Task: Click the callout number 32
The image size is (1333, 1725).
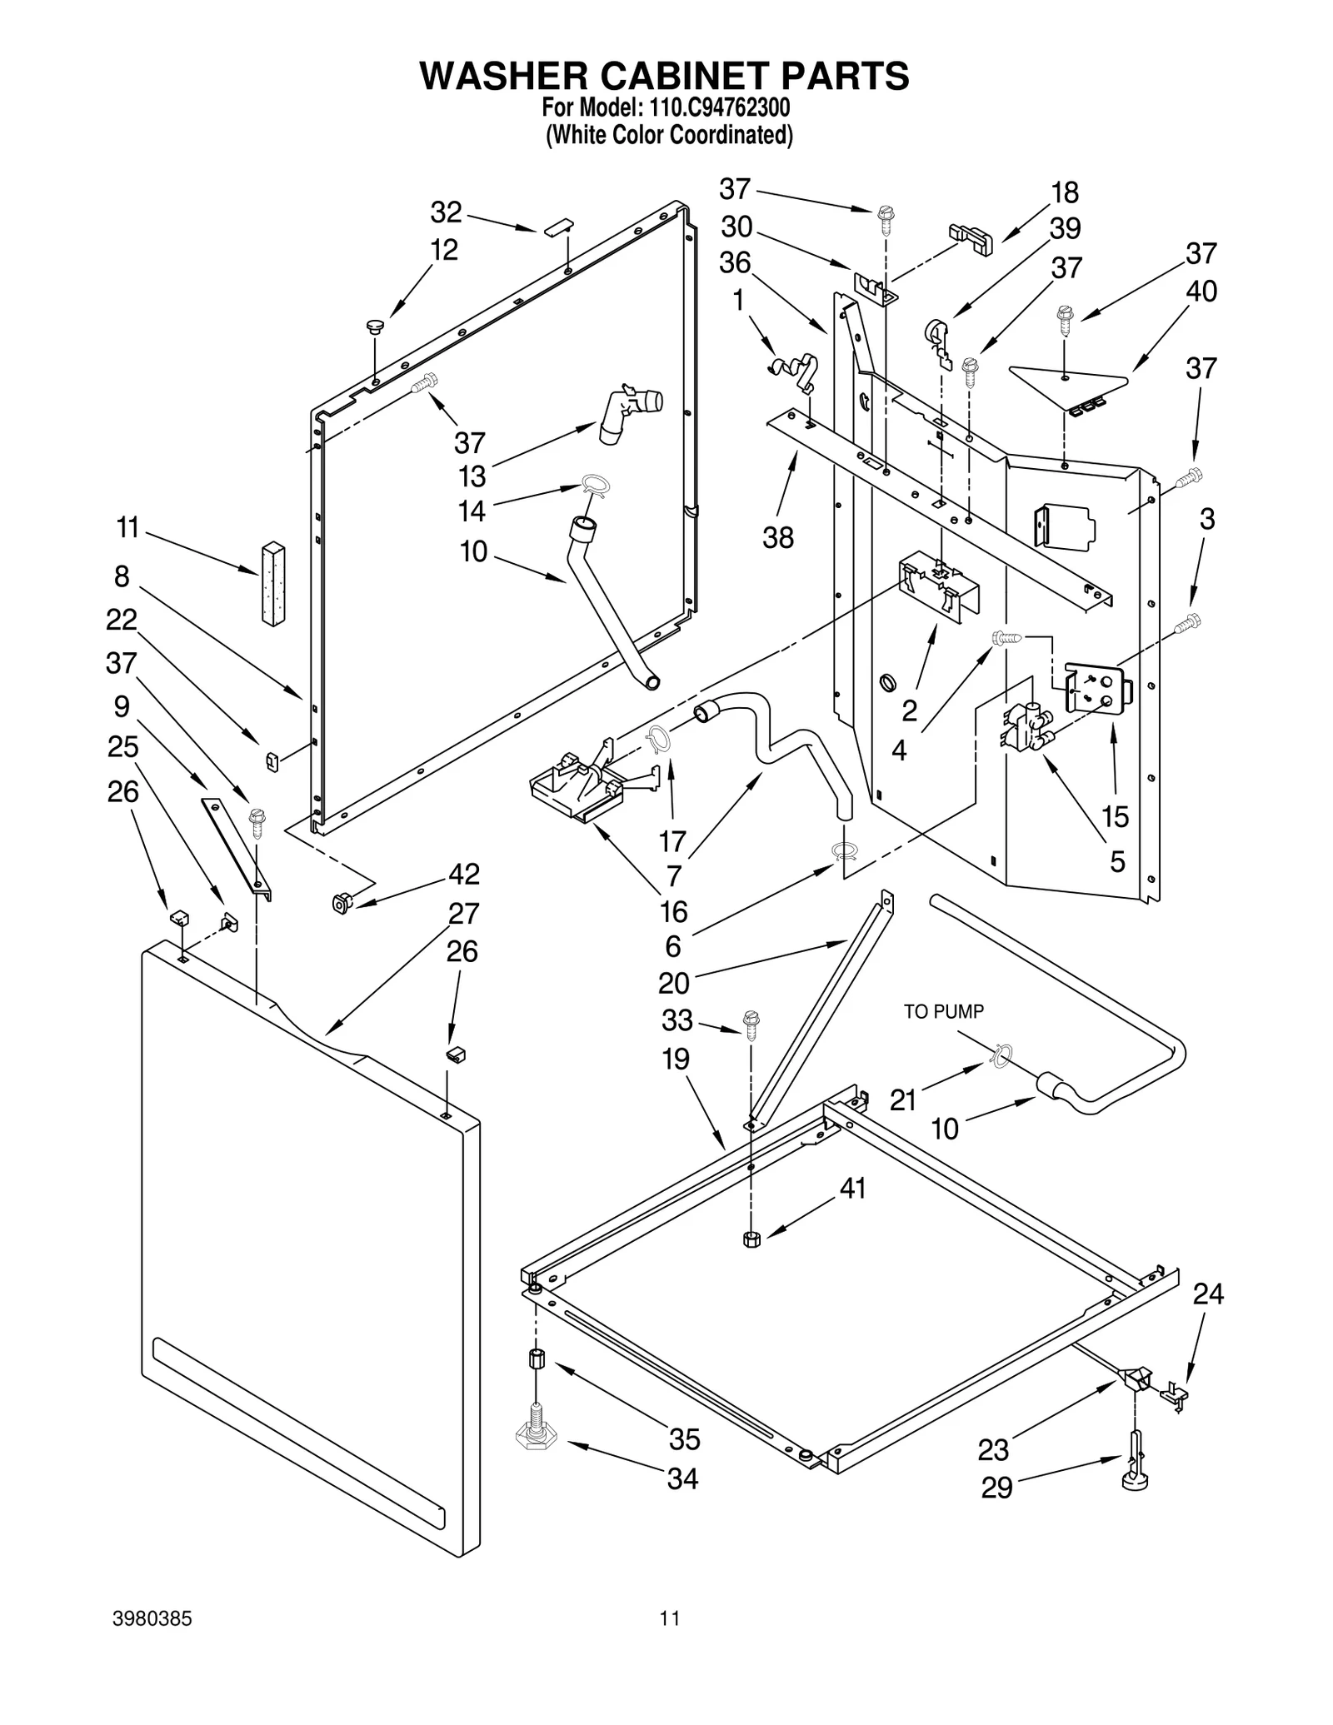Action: (x=446, y=212)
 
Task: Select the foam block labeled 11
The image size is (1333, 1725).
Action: (x=272, y=583)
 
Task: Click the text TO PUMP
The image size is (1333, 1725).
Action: (x=944, y=1011)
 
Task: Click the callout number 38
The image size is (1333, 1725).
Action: (x=778, y=538)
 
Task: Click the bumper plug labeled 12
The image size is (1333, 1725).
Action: (x=375, y=327)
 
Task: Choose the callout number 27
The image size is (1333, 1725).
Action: (x=463, y=913)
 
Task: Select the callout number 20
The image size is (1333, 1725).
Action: (x=674, y=983)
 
